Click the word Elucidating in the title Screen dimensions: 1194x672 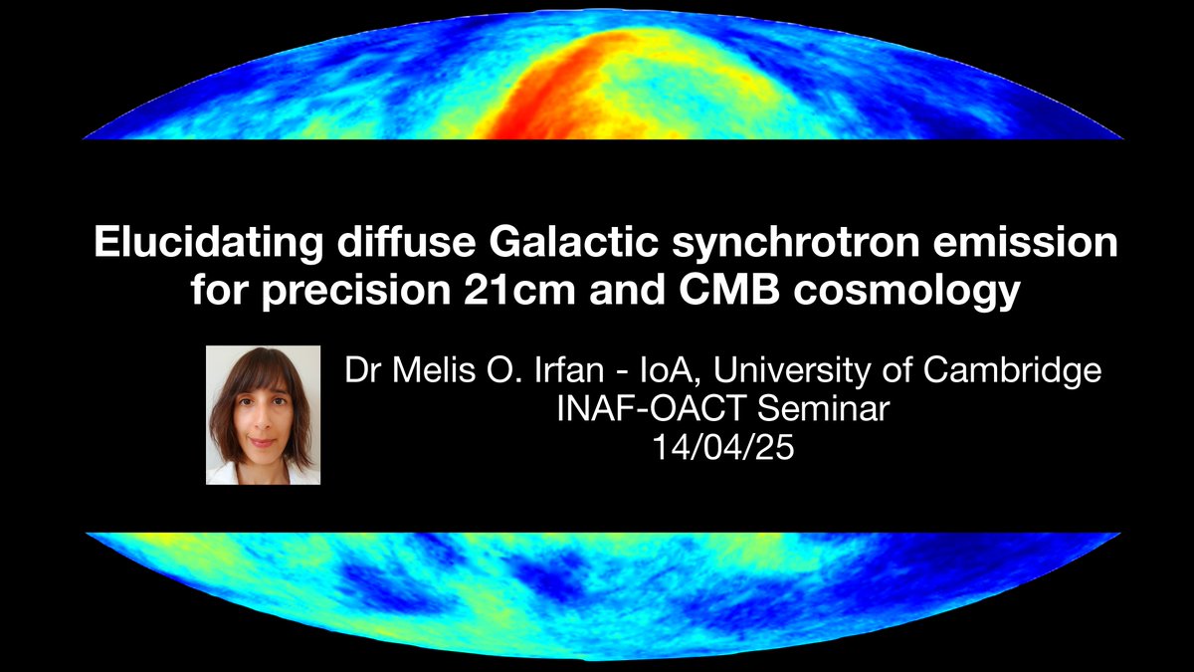tap(209, 242)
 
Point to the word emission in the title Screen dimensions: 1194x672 tap(1025, 242)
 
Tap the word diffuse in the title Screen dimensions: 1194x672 tap(406, 242)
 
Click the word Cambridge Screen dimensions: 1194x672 tap(1012, 370)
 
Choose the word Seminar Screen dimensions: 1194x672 tap(823, 409)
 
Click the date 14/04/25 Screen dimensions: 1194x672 tap(723, 447)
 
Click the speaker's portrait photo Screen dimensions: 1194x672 tap(264, 415)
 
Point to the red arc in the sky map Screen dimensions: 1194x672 tap(549, 86)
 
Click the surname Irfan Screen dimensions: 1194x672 tap(569, 369)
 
